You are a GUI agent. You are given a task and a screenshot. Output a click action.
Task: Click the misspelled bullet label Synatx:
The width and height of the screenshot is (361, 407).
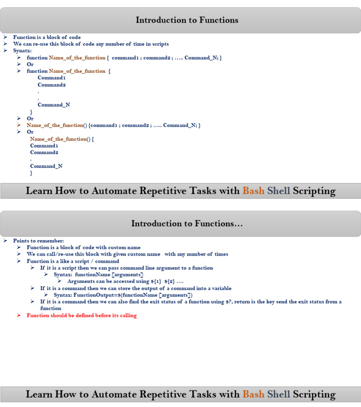[22, 51]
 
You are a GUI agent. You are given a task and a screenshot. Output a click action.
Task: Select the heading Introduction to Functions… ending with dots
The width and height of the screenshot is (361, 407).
[187, 224]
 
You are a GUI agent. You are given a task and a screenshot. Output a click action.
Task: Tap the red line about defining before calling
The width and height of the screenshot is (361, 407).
[81, 315]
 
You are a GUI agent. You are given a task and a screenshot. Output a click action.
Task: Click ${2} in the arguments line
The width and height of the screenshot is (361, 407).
[169, 281]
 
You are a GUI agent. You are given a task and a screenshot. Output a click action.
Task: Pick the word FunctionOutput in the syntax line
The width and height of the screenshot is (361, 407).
[89, 295]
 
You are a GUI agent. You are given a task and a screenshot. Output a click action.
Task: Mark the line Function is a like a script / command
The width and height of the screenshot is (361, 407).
[73, 261]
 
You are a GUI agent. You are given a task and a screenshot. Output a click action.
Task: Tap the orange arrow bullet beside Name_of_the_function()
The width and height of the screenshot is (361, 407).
[19, 125]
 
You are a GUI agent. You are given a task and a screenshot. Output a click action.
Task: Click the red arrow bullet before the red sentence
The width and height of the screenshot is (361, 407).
[19, 315]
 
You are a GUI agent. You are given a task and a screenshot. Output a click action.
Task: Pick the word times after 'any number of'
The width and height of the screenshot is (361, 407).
[221, 254]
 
